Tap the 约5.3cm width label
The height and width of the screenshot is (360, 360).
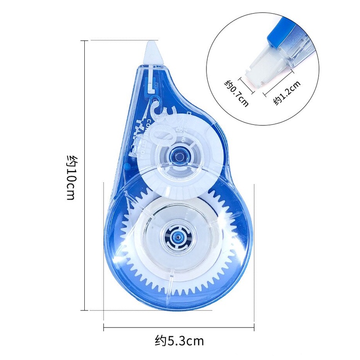179,340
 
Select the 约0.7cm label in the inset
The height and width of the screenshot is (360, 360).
237,93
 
